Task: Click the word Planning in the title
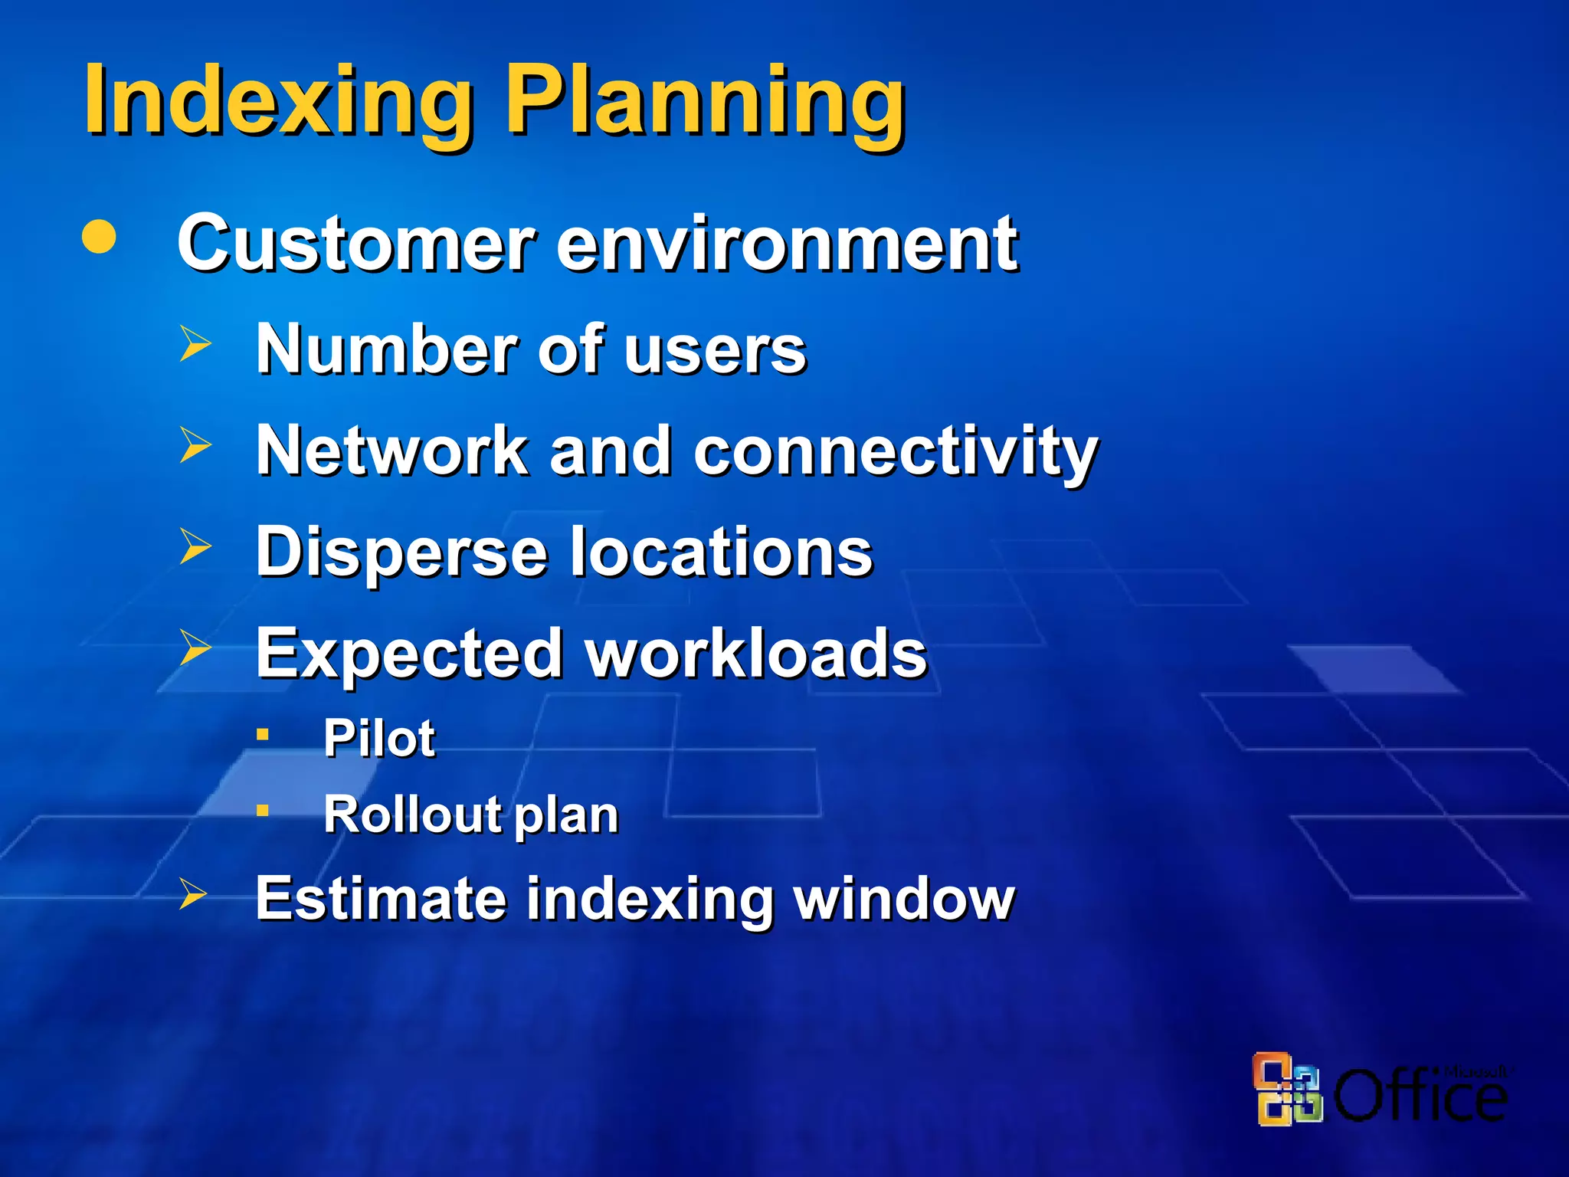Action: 706,101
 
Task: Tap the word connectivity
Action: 896,452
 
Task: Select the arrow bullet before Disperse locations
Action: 195,546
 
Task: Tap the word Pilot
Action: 379,738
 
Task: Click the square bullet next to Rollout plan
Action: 263,810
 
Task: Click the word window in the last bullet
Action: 904,897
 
